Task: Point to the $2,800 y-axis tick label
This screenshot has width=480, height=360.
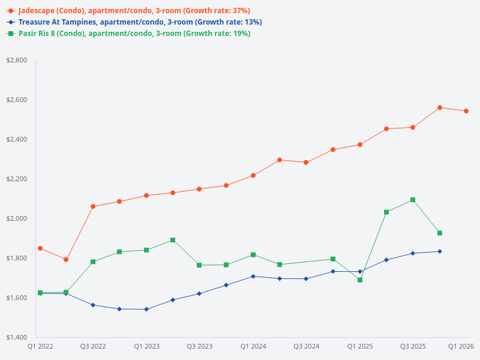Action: [16, 61]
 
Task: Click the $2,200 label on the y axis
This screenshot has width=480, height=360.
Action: [16, 179]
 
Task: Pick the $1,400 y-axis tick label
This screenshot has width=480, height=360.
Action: [16, 337]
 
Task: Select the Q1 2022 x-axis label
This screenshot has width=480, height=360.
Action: [40, 346]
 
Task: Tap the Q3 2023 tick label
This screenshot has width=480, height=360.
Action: [199, 346]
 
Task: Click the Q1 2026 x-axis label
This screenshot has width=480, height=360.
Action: [461, 346]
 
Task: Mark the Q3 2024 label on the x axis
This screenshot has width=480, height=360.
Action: [306, 346]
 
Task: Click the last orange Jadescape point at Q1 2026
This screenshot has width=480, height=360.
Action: [466, 111]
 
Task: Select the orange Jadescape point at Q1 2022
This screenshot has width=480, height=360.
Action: [40, 248]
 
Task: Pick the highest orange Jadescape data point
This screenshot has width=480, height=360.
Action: [440, 107]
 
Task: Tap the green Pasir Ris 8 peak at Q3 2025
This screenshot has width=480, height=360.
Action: [413, 200]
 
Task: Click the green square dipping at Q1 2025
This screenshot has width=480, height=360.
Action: [360, 280]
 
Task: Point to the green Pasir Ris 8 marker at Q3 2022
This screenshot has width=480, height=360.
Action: [93, 262]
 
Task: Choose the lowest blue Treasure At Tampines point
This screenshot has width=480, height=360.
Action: [146, 309]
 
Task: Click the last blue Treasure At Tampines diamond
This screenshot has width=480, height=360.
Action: [440, 251]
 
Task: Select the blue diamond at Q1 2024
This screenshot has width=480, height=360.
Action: [253, 276]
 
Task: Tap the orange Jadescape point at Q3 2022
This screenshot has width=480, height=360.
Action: [93, 206]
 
